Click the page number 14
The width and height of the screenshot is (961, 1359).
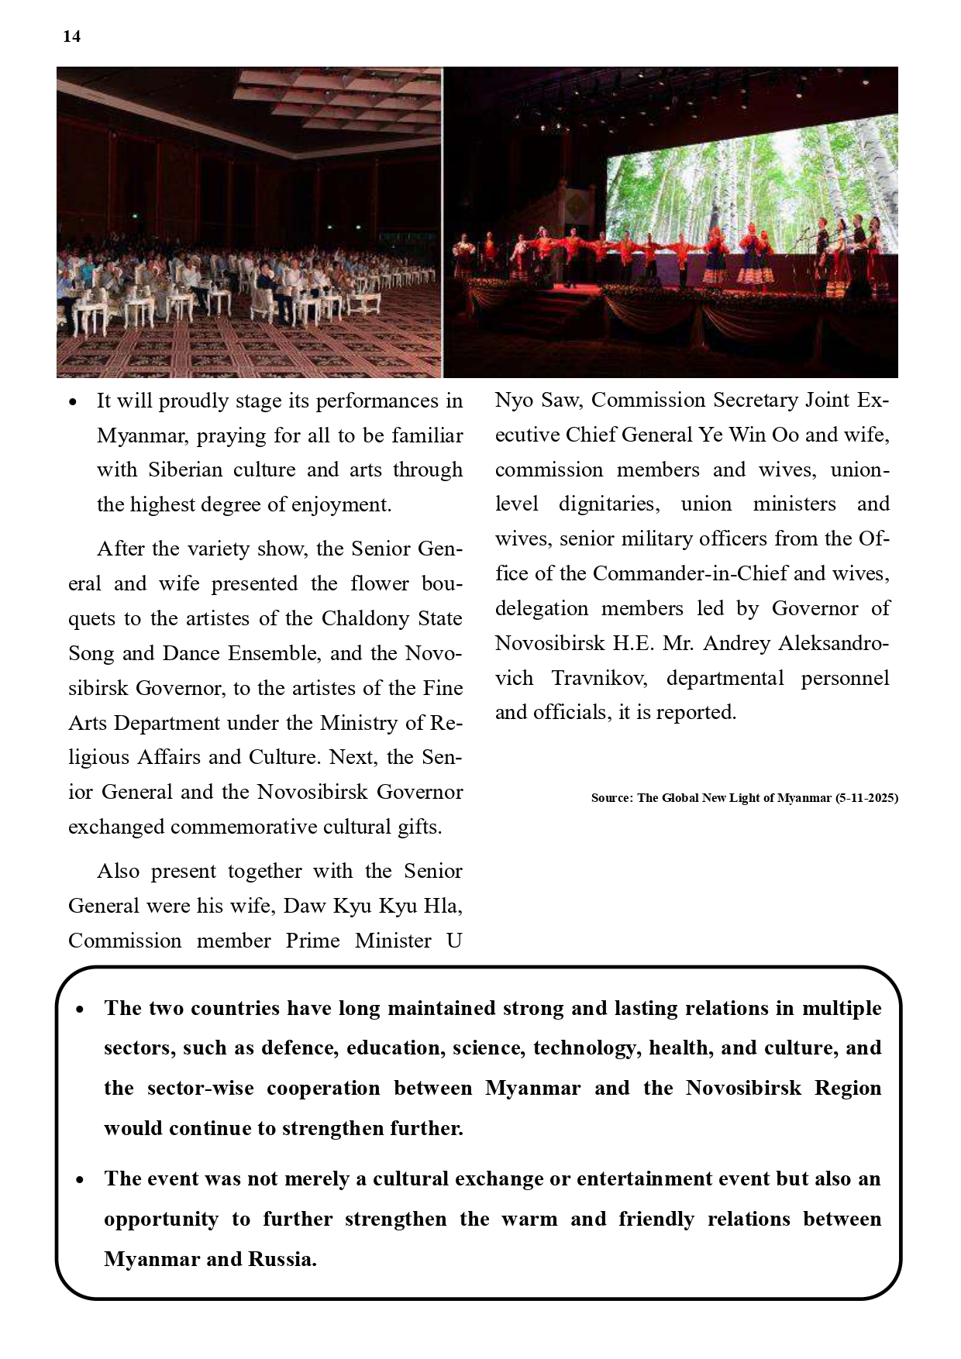[x=71, y=36]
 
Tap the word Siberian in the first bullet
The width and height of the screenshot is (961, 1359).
[x=183, y=470]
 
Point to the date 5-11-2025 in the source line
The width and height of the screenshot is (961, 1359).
[x=866, y=797]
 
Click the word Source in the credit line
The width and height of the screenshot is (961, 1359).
[x=611, y=797]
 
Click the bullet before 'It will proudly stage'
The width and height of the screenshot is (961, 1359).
[x=73, y=402]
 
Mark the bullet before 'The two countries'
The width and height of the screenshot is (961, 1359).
[x=80, y=1010]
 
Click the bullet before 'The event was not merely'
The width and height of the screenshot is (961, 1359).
[x=80, y=1180]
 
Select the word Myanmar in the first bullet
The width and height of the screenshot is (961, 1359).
[x=142, y=435]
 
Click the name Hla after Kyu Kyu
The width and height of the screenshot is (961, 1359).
[x=444, y=906]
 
